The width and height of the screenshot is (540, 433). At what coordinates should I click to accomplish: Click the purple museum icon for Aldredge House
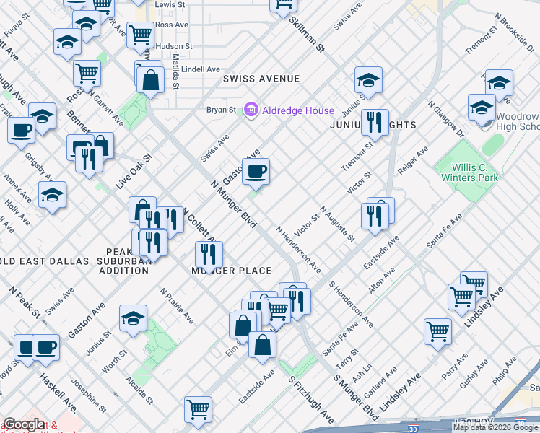tap(251, 110)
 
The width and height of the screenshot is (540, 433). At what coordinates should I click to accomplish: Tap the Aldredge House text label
tap(297, 110)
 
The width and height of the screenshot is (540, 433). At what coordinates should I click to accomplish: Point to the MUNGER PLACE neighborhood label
tap(231, 271)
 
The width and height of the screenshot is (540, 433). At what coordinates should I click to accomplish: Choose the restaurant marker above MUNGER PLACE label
tap(209, 254)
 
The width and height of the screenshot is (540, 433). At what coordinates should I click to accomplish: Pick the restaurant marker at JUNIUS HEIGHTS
tap(374, 123)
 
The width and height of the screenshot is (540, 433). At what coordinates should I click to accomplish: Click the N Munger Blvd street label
tap(233, 205)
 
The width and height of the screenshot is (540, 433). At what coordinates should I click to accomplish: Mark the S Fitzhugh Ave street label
tap(310, 399)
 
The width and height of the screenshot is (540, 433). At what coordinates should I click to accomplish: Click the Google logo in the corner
tap(24, 424)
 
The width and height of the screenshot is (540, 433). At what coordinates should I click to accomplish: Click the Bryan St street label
tap(222, 110)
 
